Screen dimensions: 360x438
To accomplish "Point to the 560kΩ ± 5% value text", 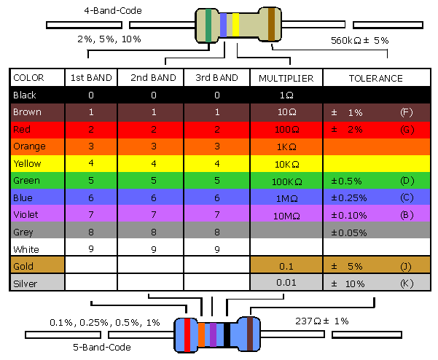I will click(359, 41).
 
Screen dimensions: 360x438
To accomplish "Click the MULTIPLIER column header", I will click(286, 78).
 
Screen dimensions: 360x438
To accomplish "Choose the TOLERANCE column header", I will click(375, 78).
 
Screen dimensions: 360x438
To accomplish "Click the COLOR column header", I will click(28, 78).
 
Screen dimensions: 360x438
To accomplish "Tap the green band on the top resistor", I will click(209, 24).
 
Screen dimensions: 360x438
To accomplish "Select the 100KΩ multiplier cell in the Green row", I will click(286, 180).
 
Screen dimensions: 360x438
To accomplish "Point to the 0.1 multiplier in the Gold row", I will click(286, 266).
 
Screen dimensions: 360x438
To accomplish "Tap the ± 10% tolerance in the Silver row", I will click(348, 283).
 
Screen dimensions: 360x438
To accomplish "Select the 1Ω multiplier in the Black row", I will click(286, 95).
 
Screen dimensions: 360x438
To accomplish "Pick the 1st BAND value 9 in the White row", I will click(91, 249).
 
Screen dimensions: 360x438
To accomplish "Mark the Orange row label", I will click(28, 146).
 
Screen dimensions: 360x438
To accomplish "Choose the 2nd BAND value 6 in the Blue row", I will click(154, 197).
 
